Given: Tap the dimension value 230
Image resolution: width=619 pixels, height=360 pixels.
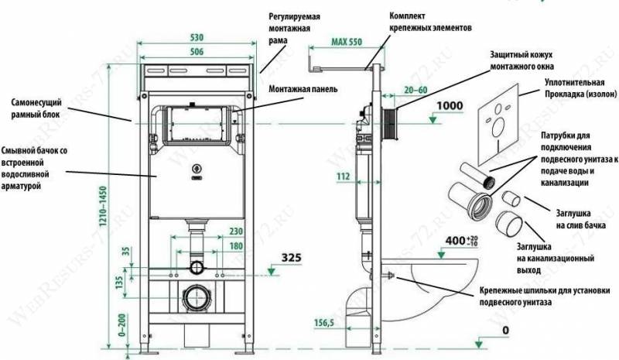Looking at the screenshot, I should click(236, 231).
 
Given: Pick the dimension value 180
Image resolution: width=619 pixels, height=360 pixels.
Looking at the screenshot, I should click(236, 247).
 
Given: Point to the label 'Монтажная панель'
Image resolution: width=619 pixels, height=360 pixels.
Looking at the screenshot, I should click(303, 89).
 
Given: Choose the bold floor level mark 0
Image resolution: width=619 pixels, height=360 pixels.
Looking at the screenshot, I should click(505, 331).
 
